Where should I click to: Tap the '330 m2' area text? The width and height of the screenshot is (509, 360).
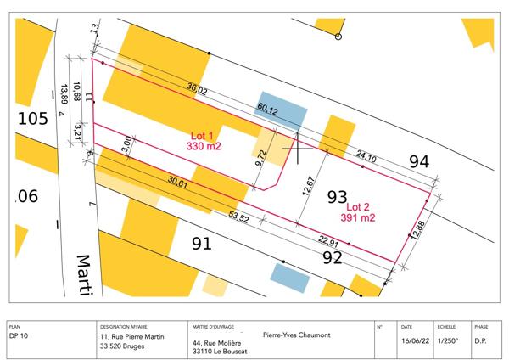pyautogui.click(x=204, y=147)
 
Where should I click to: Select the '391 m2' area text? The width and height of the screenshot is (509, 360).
pyautogui.click(x=358, y=217)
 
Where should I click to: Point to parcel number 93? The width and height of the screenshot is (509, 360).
pyautogui.click(x=337, y=197)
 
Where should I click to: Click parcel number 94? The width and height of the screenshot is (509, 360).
pyautogui.click(x=419, y=160)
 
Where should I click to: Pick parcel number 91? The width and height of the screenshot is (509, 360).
pyautogui.click(x=201, y=245)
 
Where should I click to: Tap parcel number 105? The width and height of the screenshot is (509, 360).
pyautogui.click(x=32, y=118)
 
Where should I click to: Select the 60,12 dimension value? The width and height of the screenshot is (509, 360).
pyautogui.click(x=267, y=108)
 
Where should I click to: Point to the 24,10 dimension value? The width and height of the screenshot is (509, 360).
pyautogui.click(x=366, y=155)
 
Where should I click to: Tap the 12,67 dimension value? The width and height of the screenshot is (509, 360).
pyautogui.click(x=310, y=183)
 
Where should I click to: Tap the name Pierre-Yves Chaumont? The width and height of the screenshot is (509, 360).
pyautogui.click(x=296, y=334)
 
